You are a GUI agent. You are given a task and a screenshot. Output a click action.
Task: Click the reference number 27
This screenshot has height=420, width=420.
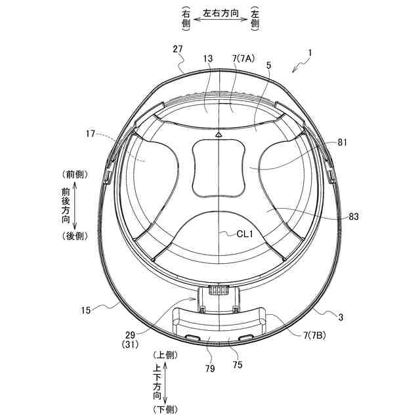click(178, 49)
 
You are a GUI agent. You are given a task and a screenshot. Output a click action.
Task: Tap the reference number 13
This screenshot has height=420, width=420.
click(208, 58)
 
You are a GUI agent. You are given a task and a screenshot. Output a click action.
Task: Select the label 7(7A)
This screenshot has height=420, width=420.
click(243, 58)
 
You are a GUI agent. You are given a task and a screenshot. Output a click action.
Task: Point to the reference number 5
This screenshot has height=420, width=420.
click(268, 65)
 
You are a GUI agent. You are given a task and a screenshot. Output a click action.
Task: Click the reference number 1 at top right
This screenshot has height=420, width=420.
click(310, 53)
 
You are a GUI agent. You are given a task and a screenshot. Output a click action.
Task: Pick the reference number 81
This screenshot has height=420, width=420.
click(342, 142)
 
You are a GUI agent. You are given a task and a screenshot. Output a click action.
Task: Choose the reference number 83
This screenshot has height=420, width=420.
click(354, 217)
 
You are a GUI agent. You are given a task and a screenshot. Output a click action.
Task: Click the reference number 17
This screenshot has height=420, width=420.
click(91, 133)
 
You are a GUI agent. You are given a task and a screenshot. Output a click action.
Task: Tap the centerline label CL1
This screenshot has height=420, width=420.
click(245, 234)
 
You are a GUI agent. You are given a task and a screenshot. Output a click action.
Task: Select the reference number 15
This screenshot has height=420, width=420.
click(86, 310)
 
